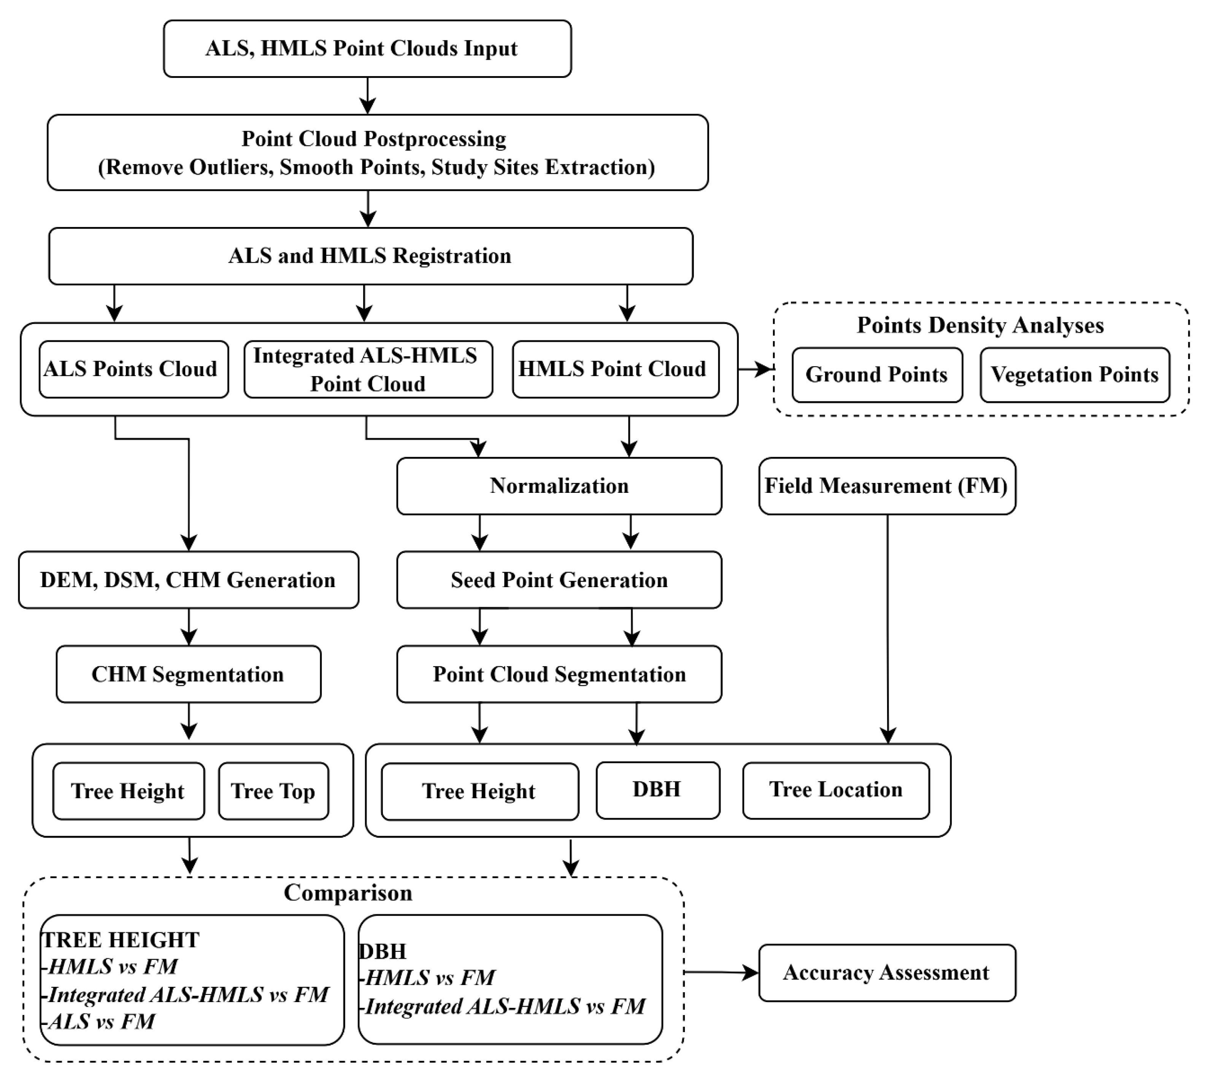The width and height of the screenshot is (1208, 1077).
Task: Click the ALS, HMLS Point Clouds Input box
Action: tap(367, 49)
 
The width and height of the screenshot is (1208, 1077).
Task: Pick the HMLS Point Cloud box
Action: tap(615, 369)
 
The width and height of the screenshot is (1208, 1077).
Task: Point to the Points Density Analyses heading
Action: tap(980, 326)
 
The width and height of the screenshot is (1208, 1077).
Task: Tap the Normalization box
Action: tap(559, 486)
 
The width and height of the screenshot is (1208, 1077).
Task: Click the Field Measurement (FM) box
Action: tap(887, 486)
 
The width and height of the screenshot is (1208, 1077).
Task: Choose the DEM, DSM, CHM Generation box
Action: tap(188, 580)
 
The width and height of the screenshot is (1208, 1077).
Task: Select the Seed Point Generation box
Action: tap(559, 580)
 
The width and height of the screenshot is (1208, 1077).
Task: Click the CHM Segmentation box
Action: tap(188, 674)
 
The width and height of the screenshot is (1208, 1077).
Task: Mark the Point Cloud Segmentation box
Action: tap(559, 674)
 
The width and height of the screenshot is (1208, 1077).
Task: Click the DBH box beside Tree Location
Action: tap(657, 790)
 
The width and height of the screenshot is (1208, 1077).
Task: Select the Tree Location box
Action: tap(835, 790)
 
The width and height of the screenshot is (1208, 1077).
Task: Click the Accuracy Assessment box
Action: tap(887, 973)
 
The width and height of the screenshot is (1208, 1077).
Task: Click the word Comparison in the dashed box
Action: tap(348, 893)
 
